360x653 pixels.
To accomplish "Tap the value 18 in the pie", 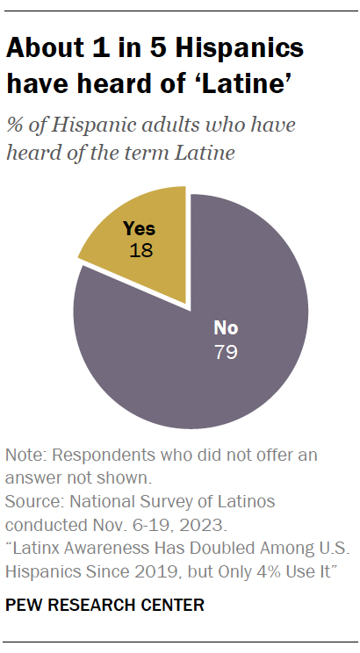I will point(139,248).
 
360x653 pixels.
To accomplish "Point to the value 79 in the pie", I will point(226,353).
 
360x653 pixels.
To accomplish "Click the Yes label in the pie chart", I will point(139,228).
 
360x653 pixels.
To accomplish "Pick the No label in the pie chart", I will point(226,329).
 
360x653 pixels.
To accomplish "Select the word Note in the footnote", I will point(23,456).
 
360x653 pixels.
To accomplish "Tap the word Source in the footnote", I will point(31,502).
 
